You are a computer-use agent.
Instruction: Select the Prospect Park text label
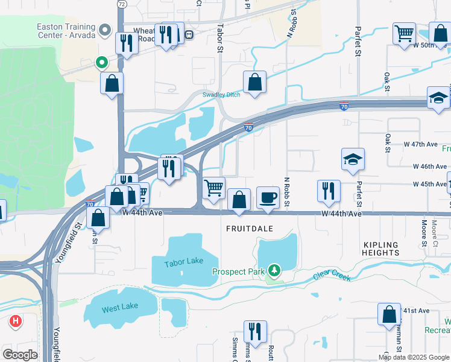pyautogui.click(x=239, y=271)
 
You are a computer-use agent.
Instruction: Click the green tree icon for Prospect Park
pyautogui.click(x=274, y=270)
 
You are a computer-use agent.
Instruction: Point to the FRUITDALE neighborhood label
pyautogui.click(x=250, y=229)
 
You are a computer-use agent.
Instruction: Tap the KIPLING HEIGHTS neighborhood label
pyautogui.click(x=380, y=249)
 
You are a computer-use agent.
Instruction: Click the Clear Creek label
pyautogui.click(x=332, y=276)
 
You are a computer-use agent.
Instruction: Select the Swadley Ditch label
pyautogui.click(x=221, y=95)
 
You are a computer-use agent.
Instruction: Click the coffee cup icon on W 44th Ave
pyautogui.click(x=268, y=197)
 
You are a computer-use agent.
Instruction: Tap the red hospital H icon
pyautogui.click(x=15, y=321)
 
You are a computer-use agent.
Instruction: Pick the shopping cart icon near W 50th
pyautogui.click(x=404, y=33)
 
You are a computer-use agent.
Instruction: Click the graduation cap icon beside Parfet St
pyautogui.click(x=353, y=159)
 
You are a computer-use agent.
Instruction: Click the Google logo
pyautogui.click(x=20, y=354)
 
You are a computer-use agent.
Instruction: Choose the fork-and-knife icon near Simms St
pyautogui.click(x=255, y=331)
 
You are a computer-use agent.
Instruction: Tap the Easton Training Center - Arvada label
pyautogui.click(x=66, y=31)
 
